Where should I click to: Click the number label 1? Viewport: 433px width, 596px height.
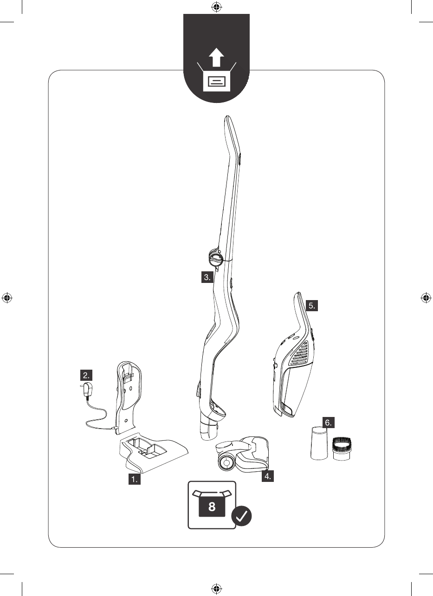135,480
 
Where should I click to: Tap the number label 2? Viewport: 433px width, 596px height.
87,375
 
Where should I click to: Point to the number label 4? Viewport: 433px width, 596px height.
267,476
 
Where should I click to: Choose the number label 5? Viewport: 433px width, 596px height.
312,305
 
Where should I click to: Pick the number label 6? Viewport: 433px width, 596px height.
329,423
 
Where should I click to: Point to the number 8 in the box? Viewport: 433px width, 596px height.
212,506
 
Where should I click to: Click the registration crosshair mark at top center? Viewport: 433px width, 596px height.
216,7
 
